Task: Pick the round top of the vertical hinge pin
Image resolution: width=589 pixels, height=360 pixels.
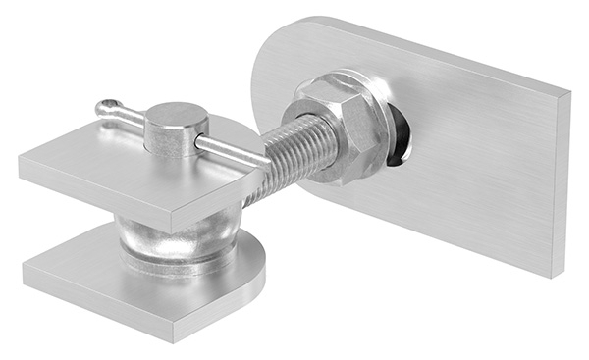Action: (x=177, y=117)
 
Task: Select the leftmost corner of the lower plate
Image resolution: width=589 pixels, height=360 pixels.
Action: (x=26, y=267)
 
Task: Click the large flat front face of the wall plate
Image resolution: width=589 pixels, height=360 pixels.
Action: (x=471, y=167)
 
